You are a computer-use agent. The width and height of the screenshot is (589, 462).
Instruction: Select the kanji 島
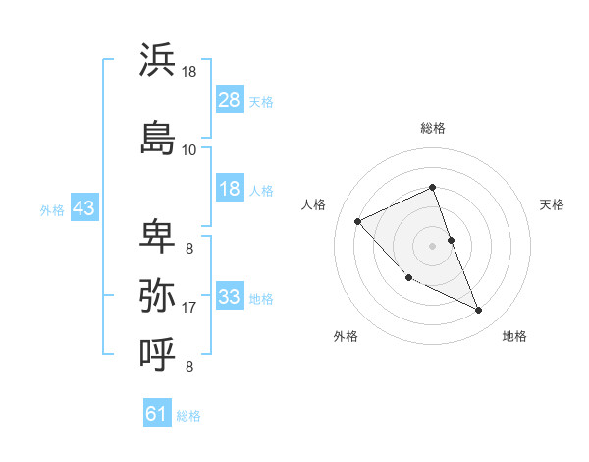click(x=157, y=137)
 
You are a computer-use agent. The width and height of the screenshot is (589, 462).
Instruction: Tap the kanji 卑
click(x=157, y=237)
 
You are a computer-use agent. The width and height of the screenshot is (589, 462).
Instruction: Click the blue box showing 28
click(x=230, y=100)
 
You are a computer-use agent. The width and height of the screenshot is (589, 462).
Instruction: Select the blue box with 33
click(x=230, y=297)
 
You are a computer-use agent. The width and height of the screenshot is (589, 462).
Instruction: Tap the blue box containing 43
click(x=83, y=207)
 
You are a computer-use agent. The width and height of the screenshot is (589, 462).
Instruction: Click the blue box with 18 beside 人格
click(x=230, y=189)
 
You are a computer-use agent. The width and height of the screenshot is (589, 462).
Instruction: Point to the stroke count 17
click(x=189, y=308)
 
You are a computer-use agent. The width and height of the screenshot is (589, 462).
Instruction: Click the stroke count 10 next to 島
click(x=189, y=149)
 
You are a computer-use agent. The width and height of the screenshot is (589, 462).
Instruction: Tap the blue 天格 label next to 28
click(x=261, y=101)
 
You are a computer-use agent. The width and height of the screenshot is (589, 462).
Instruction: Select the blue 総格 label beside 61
click(x=188, y=415)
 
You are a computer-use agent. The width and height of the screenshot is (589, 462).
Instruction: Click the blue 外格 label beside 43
click(x=52, y=208)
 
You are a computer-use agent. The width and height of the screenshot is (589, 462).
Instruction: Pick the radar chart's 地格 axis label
click(x=514, y=336)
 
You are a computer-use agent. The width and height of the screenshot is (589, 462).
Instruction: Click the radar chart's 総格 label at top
click(x=433, y=128)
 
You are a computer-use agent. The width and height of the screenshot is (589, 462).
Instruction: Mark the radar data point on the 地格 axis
click(x=479, y=310)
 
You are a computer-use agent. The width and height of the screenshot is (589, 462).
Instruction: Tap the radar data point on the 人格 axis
click(x=358, y=221)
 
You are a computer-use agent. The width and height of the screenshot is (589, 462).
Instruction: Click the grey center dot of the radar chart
click(x=433, y=245)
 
